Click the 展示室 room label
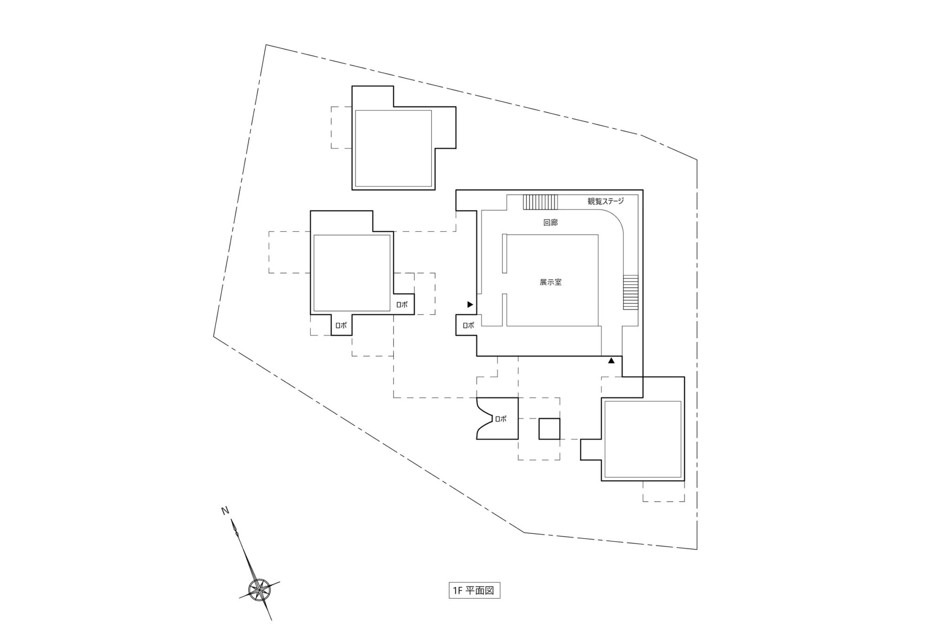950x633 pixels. [551, 282]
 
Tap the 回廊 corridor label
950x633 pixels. [551, 223]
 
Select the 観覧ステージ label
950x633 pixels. [606, 201]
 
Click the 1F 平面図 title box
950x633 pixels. [474, 591]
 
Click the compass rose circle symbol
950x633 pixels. [257, 589]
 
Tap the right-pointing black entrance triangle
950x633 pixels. [470, 305]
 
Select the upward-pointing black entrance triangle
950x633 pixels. [611, 360]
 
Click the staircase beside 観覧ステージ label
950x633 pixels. [540, 202]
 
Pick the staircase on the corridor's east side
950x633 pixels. [630, 293]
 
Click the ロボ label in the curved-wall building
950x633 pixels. [501, 419]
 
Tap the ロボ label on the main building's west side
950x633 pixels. [469, 326]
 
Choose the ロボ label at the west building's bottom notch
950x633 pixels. [341, 326]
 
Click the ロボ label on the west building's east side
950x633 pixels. [402, 305]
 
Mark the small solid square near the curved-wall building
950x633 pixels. [549, 429]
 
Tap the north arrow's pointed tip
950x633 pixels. [232, 520]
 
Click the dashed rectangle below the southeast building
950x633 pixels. [664, 492]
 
